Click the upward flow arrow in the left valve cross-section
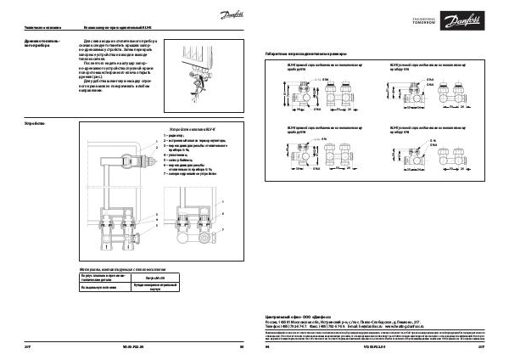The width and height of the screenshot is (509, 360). [x=101, y=212]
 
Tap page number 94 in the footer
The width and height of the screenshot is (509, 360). [x=267, y=346]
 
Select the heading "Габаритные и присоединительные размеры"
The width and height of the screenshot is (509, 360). [x=306, y=53]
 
